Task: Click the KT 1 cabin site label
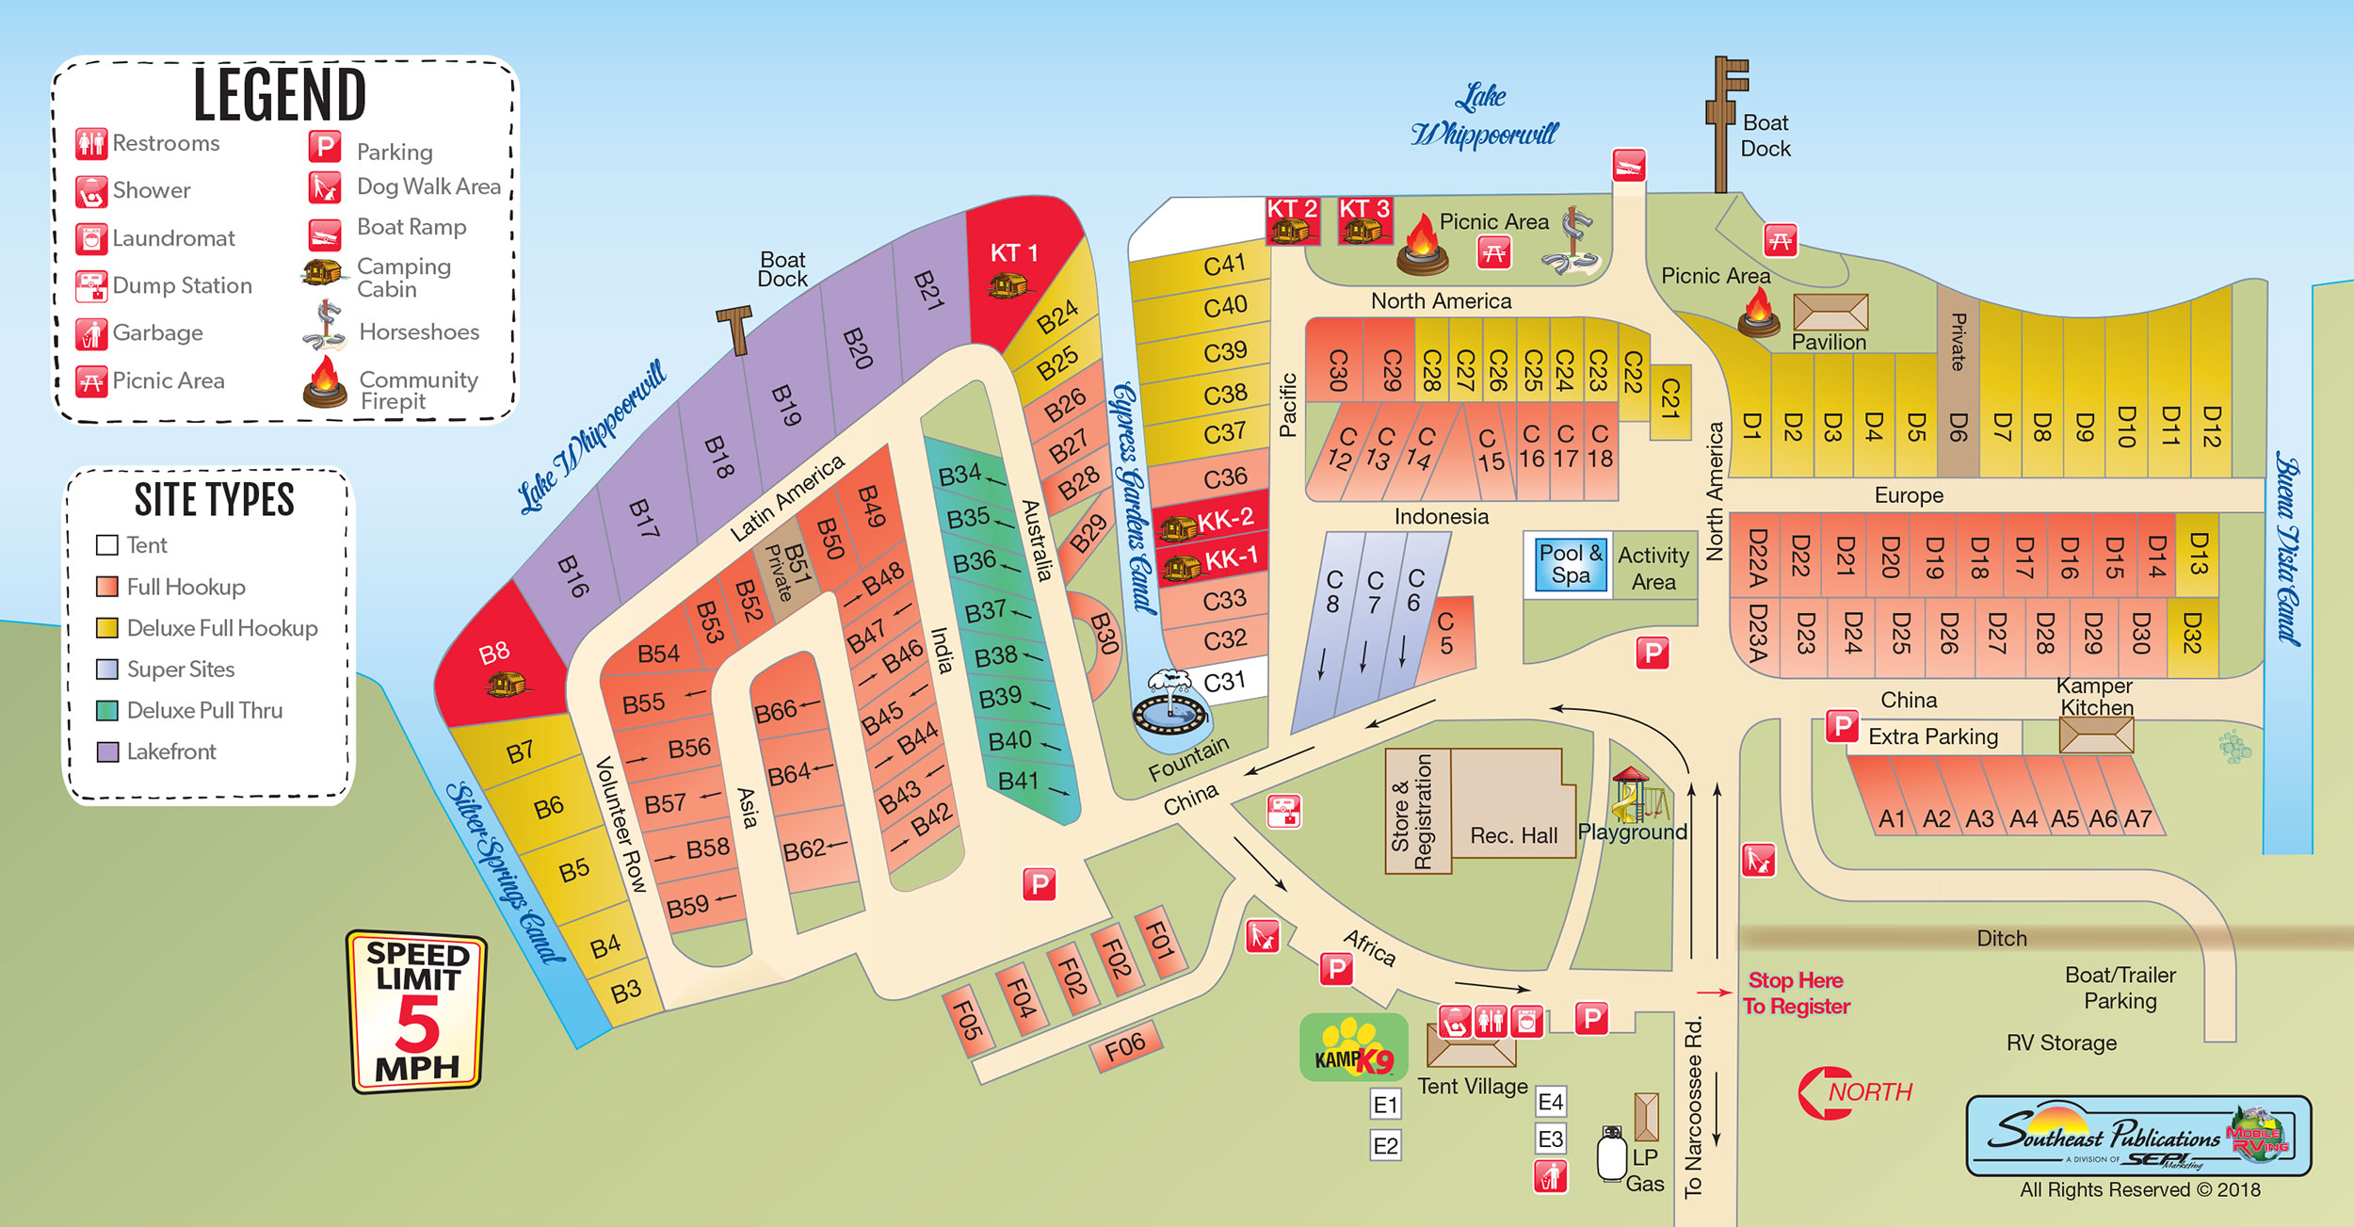(1014, 252)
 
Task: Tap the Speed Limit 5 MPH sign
(417, 1012)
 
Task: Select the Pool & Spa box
(1570, 565)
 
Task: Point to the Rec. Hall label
(1513, 835)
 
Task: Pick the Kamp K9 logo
(1353, 1048)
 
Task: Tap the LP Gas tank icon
(1611, 1154)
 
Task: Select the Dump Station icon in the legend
(91, 286)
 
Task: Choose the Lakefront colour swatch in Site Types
(107, 751)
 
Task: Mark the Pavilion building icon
(1830, 312)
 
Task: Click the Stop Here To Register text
(1796, 993)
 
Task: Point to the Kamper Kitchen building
(2096, 735)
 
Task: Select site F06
(1125, 1046)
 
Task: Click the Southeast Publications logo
(2137, 1136)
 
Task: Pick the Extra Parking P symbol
(1842, 726)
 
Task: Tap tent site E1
(1385, 1105)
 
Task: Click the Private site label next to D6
(1959, 342)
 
